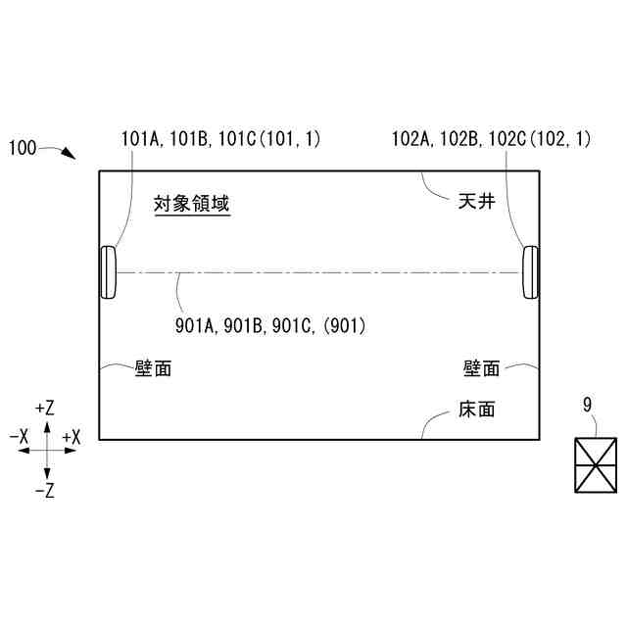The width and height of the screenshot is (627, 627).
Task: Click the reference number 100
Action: [23, 148]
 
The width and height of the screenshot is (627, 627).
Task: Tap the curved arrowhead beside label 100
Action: [68, 154]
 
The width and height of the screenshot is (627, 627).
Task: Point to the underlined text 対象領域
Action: [192, 205]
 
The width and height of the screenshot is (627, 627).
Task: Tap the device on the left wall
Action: [108, 271]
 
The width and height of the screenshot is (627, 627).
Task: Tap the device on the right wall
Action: [530, 271]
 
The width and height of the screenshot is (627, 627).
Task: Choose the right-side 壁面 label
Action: [481, 368]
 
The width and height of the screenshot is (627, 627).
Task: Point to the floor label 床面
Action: [476, 410]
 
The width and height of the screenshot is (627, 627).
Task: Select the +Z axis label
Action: [44, 407]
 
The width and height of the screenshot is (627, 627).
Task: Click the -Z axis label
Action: [44, 491]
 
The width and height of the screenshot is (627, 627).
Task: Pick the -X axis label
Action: [18, 436]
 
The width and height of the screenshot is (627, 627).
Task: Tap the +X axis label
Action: [71, 436]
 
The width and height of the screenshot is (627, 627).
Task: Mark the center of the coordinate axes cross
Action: [44, 449]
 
